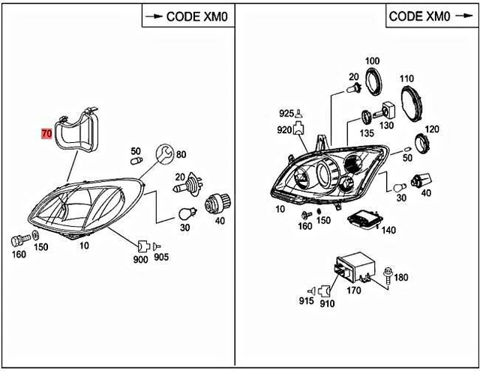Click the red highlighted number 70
(46, 135)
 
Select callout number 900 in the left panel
(140, 259)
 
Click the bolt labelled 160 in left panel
(17, 240)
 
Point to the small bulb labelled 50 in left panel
(136, 159)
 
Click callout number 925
(286, 114)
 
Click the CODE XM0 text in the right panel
(419, 15)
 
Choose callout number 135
(366, 132)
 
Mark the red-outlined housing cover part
(79, 131)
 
